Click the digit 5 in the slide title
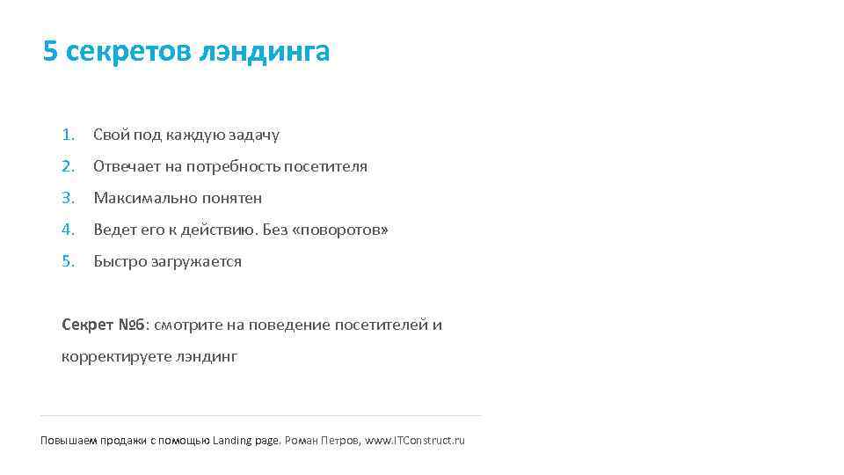point(49,52)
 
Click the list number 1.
point(68,135)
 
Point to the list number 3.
point(68,198)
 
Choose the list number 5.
point(68,261)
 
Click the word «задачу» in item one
point(254,135)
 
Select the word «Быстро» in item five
point(117,261)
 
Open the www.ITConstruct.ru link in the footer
point(415,440)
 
